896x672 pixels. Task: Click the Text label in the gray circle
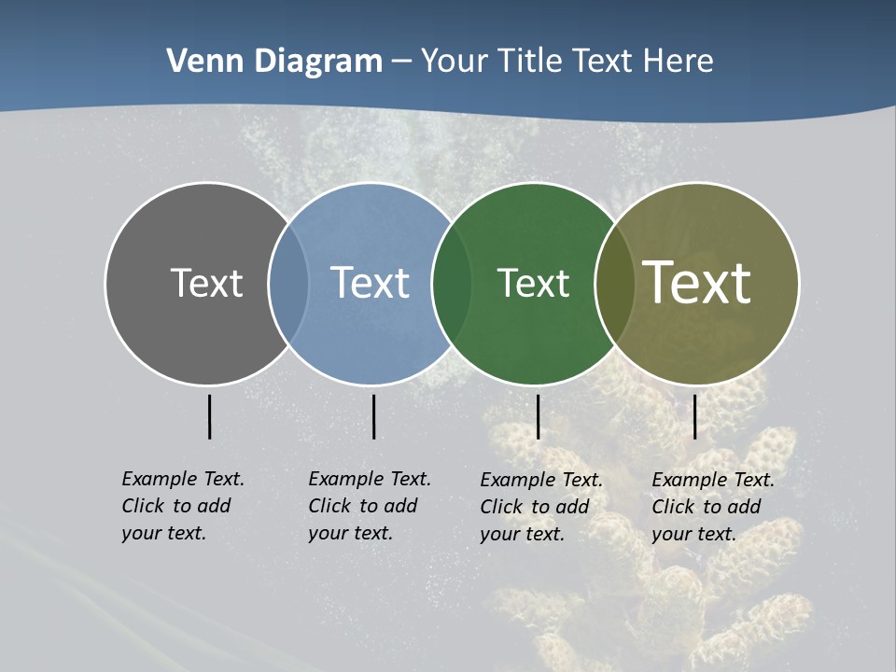click(206, 283)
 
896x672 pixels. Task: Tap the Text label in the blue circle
click(370, 283)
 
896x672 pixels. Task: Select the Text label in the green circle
click(533, 283)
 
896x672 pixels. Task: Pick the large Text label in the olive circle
click(697, 282)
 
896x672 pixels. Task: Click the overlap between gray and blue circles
click(288, 283)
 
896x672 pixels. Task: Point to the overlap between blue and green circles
click(452, 283)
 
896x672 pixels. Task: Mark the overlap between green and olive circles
click(614, 283)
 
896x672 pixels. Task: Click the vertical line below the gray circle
click(209, 416)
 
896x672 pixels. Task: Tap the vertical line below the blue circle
click(373, 416)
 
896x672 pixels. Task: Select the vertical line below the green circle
click(538, 416)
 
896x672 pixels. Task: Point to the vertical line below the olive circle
click(694, 416)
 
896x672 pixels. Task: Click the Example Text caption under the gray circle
click(182, 506)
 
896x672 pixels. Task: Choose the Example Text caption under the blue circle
click(369, 506)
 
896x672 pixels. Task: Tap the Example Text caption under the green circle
click(540, 507)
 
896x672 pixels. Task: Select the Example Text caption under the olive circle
click(712, 507)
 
